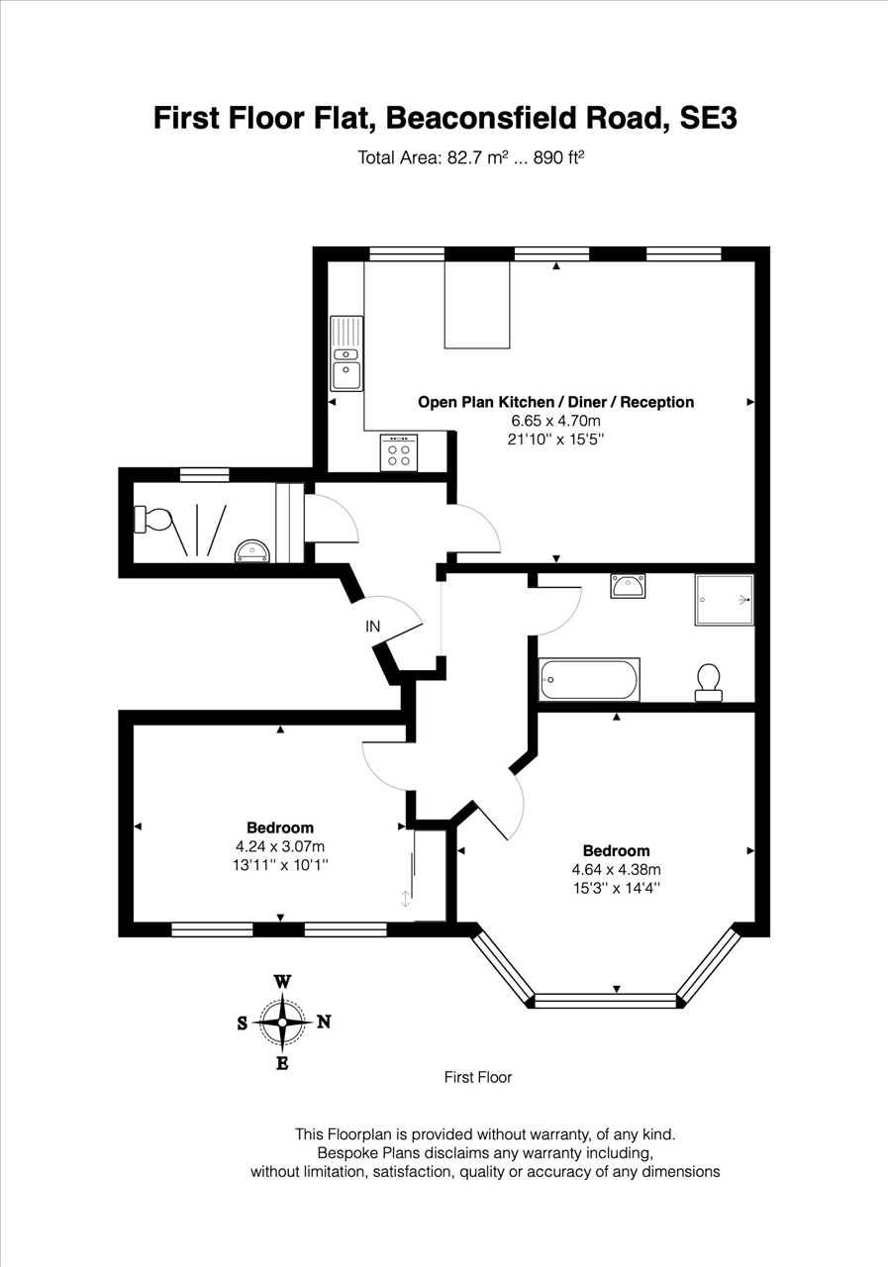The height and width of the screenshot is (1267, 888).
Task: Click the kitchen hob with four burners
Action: pyautogui.click(x=399, y=452)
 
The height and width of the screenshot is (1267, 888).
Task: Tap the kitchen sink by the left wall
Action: pyautogui.click(x=346, y=353)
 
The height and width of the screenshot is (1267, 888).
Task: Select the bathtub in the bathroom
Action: pyautogui.click(x=589, y=679)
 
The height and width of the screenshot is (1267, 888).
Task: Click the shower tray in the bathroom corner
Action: pyautogui.click(x=724, y=600)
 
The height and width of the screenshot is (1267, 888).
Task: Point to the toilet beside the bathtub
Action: pyautogui.click(x=709, y=682)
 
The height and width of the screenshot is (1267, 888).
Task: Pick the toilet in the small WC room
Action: pyautogui.click(x=152, y=520)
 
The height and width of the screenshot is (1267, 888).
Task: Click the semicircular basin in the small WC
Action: pyautogui.click(x=252, y=551)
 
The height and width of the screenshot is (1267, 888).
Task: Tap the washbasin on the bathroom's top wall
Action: pyautogui.click(x=628, y=586)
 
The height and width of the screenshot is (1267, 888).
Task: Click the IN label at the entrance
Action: pyautogui.click(x=373, y=627)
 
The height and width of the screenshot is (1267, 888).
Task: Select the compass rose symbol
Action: pyautogui.click(x=282, y=1023)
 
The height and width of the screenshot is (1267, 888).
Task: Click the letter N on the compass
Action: pyautogui.click(x=324, y=1023)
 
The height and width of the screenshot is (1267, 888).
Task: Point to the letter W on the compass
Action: pyautogui.click(x=283, y=981)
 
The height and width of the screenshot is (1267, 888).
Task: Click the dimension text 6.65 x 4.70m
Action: pyautogui.click(x=556, y=421)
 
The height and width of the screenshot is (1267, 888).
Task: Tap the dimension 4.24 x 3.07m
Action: pyautogui.click(x=280, y=846)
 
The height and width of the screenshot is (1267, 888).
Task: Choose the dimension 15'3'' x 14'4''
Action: pyautogui.click(x=617, y=888)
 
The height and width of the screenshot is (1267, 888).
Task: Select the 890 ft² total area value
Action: pyautogui.click(x=558, y=157)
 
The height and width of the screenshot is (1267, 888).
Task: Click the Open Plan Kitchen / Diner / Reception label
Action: pyautogui.click(x=556, y=402)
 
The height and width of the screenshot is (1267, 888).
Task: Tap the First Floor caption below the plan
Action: pyautogui.click(x=478, y=1077)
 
